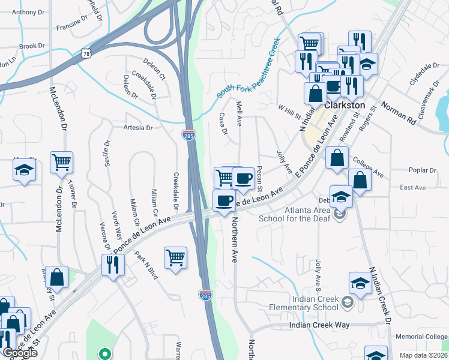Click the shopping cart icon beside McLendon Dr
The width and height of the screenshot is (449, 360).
61,163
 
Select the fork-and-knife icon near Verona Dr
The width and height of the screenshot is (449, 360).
112,265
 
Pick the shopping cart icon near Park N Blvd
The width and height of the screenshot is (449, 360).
175,257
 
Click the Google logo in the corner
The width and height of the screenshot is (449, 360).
19,353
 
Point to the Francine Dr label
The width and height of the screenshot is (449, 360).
72,28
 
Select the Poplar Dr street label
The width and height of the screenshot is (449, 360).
421,170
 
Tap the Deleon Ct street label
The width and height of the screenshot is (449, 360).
154,69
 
